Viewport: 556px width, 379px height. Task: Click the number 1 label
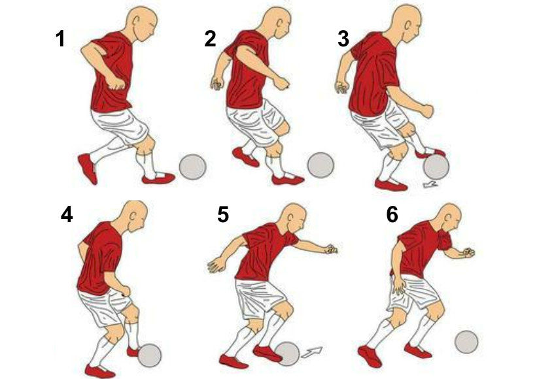pyautogui.click(x=60, y=39)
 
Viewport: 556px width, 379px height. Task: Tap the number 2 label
pyautogui.click(x=210, y=39)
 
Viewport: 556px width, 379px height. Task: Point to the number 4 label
pyautogui.click(x=66, y=215)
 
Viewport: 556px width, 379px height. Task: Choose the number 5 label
pyautogui.click(x=223, y=215)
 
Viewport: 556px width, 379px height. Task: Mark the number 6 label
pyautogui.click(x=392, y=215)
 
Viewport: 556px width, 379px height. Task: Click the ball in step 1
pyautogui.click(x=193, y=167)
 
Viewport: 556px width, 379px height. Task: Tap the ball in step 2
pyautogui.click(x=321, y=165)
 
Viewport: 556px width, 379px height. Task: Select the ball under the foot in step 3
pyautogui.click(x=436, y=167)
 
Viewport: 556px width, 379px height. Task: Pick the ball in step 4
pyautogui.click(x=149, y=355)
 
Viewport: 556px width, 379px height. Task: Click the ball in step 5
pyautogui.click(x=287, y=354)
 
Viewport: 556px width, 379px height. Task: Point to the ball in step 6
pyautogui.click(x=466, y=342)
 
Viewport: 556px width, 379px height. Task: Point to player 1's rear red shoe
pyautogui.click(x=87, y=169)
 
